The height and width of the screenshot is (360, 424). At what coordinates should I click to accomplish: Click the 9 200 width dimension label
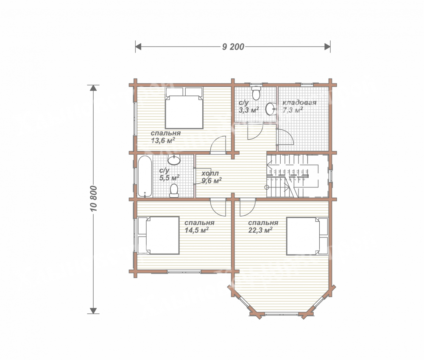233,47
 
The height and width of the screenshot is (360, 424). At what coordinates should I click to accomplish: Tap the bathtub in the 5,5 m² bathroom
145,176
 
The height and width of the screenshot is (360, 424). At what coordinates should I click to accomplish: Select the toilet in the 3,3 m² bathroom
256,93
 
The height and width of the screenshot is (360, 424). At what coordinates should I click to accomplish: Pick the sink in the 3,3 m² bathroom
271,109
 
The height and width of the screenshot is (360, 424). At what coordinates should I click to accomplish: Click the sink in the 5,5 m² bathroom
174,160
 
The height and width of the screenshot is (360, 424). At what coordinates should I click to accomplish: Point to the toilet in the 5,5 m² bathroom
174,191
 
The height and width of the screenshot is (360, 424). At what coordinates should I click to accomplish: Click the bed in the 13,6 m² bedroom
184,108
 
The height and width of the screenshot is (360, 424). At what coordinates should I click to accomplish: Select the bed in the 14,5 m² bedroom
159,235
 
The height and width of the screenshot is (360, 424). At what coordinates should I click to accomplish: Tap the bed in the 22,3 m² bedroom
307,236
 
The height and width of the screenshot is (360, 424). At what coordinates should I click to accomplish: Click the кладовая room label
299,103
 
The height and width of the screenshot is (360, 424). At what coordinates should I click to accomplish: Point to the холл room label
210,173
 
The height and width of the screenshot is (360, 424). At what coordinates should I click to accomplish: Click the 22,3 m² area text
260,230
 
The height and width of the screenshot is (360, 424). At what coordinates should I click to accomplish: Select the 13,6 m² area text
163,140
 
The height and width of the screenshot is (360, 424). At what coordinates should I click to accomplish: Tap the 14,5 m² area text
197,230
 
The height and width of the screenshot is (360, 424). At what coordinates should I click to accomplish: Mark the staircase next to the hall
298,176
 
